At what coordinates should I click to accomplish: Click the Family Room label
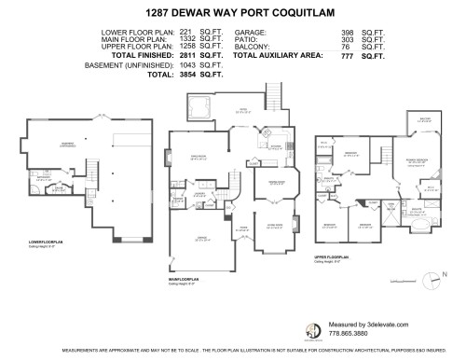coord(198,157)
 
